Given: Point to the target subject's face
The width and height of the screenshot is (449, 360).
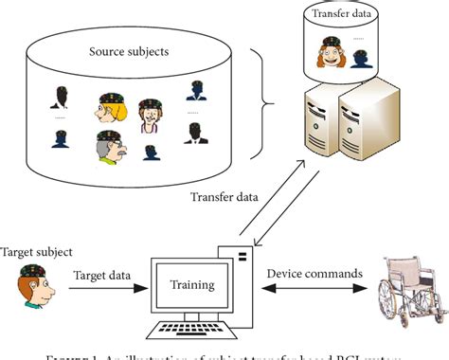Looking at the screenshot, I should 33,284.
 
